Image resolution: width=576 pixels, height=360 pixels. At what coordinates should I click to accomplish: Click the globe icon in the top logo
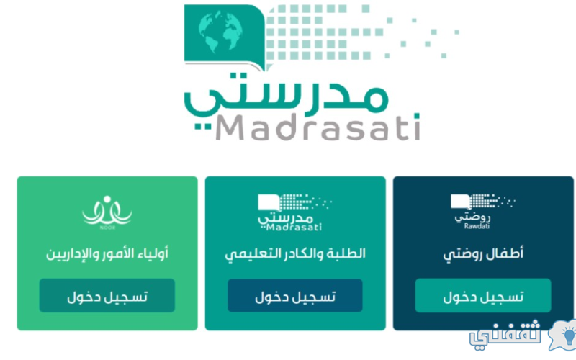coord(220,32)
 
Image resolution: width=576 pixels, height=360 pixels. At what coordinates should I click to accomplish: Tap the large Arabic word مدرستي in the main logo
coord(286,96)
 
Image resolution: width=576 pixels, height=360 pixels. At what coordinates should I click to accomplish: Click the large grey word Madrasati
coord(318,127)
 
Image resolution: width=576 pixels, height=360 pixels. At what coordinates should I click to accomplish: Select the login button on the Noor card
coord(107,296)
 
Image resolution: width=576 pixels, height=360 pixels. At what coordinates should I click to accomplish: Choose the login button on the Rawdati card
coord(483,296)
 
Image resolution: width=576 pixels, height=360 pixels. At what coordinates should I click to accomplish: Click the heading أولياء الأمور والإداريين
coord(107,254)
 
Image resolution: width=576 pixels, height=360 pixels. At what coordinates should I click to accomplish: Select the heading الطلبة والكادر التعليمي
coord(295,254)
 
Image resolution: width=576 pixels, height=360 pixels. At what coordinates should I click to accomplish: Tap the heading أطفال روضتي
coord(483,254)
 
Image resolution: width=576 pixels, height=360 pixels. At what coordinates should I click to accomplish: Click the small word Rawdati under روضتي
coord(477,226)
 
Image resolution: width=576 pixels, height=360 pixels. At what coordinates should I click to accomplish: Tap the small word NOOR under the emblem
coord(107,228)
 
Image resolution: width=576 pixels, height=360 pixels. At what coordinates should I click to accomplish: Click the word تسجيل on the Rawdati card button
coord(505,297)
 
